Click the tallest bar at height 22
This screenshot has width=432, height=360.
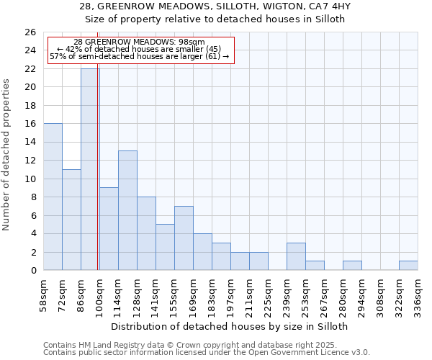tap(90, 169)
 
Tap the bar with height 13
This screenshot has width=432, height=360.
tap(127, 210)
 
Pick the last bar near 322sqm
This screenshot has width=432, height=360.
tap(408, 266)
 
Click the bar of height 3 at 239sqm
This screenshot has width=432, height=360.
tap(296, 256)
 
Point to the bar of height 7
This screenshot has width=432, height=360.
tap(184, 238)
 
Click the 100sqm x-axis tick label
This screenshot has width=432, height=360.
tap(99, 294)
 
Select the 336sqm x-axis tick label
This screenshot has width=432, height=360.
tap(418, 294)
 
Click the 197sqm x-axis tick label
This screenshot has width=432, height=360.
tap(230, 294)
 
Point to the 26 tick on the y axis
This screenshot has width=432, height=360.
tap(30, 32)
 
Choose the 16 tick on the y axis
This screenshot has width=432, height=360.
tap(30, 124)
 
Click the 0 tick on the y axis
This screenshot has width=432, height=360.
tap(32, 270)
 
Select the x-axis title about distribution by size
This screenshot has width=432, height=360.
tap(230, 326)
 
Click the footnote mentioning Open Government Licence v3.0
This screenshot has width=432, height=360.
tap(207, 353)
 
